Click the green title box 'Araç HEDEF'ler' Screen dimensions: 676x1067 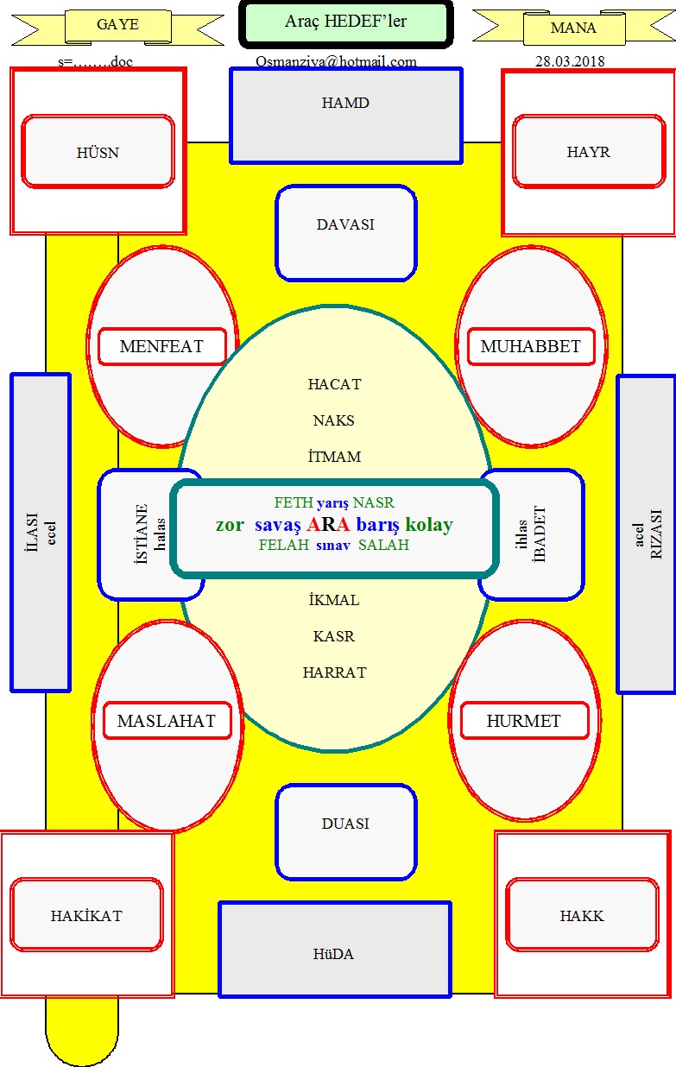point(346,24)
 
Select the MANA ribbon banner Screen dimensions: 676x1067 point(574,28)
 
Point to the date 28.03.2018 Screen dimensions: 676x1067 point(570,61)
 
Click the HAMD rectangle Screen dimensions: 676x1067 point(346,116)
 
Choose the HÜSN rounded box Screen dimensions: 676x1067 point(98,151)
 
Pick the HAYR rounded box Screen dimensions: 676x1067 point(589,151)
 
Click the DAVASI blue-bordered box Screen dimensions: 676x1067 point(346,233)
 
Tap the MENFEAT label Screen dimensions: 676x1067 point(162,346)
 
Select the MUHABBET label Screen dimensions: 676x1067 point(531,346)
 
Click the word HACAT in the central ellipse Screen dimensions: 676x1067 point(334,384)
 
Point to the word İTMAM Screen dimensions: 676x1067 point(334,456)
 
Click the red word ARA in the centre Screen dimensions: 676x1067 point(328,524)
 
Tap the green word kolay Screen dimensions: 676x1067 point(429,525)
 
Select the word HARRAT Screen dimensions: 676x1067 point(334,672)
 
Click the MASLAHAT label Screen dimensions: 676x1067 point(167,721)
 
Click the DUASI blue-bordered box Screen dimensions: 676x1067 point(346,831)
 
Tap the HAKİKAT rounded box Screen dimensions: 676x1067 point(86,915)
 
